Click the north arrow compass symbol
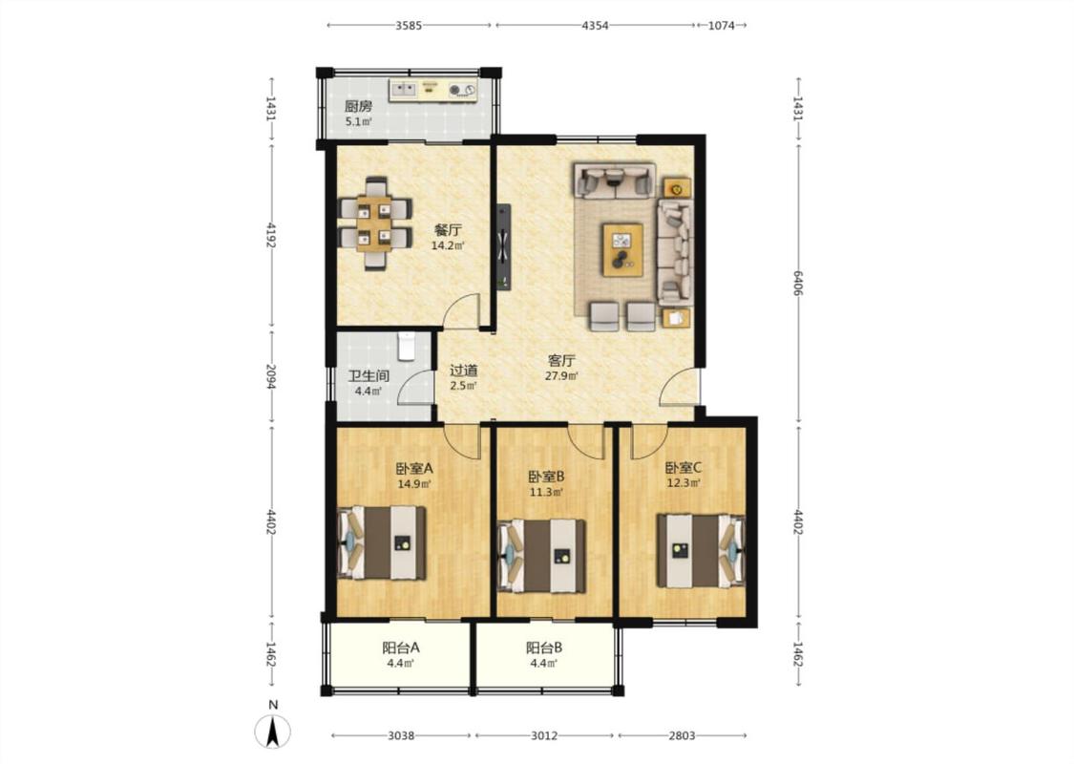click(x=273, y=732)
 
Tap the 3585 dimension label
click(x=409, y=26)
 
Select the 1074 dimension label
click(x=722, y=26)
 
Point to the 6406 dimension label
click(x=798, y=283)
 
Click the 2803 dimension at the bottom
click(x=683, y=736)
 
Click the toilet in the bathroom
click(x=407, y=346)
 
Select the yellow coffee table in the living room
click(x=622, y=250)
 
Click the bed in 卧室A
click(x=382, y=542)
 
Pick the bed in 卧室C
click(x=701, y=550)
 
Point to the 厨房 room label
click(x=358, y=107)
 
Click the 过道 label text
click(x=464, y=371)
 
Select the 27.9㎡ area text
click(x=561, y=376)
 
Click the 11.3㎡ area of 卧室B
click(x=547, y=492)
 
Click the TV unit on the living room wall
click(x=504, y=246)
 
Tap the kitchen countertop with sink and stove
click(x=432, y=90)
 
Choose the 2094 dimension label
click(x=272, y=377)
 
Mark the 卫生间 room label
click(x=369, y=376)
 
